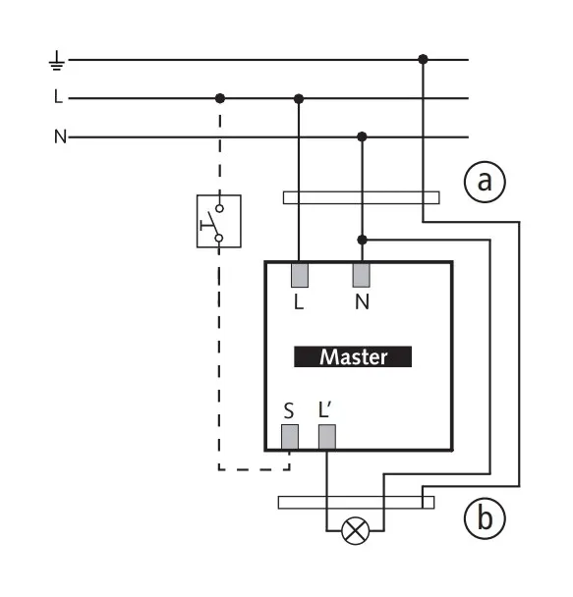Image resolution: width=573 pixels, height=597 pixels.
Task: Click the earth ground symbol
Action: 57,61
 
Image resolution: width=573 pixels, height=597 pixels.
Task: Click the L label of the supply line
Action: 58,96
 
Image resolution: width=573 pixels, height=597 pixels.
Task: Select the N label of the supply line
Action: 60,136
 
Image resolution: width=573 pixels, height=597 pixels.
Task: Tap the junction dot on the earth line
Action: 423,59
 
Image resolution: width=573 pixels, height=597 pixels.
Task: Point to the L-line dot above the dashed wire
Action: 220,98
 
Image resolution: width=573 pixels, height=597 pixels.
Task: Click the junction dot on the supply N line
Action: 362,136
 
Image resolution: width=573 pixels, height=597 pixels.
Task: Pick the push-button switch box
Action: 219,221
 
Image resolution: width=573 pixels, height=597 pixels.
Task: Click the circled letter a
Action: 485,182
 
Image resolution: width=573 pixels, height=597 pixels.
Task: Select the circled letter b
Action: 485,518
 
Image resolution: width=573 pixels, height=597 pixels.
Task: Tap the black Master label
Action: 353,356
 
